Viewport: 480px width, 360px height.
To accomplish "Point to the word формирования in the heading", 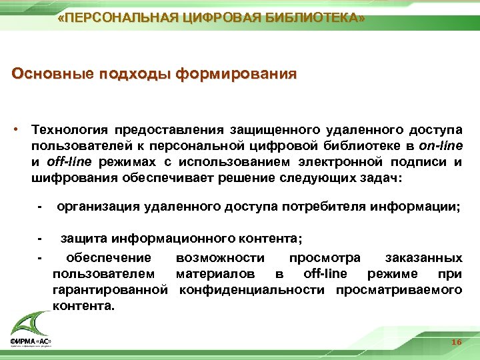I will point(237,73).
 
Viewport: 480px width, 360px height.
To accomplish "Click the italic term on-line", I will point(441,145).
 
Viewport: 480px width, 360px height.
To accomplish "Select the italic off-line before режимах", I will point(68,161).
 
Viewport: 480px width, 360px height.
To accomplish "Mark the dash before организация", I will point(41,207).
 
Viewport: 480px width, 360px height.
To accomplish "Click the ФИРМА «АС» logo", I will point(30,331).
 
